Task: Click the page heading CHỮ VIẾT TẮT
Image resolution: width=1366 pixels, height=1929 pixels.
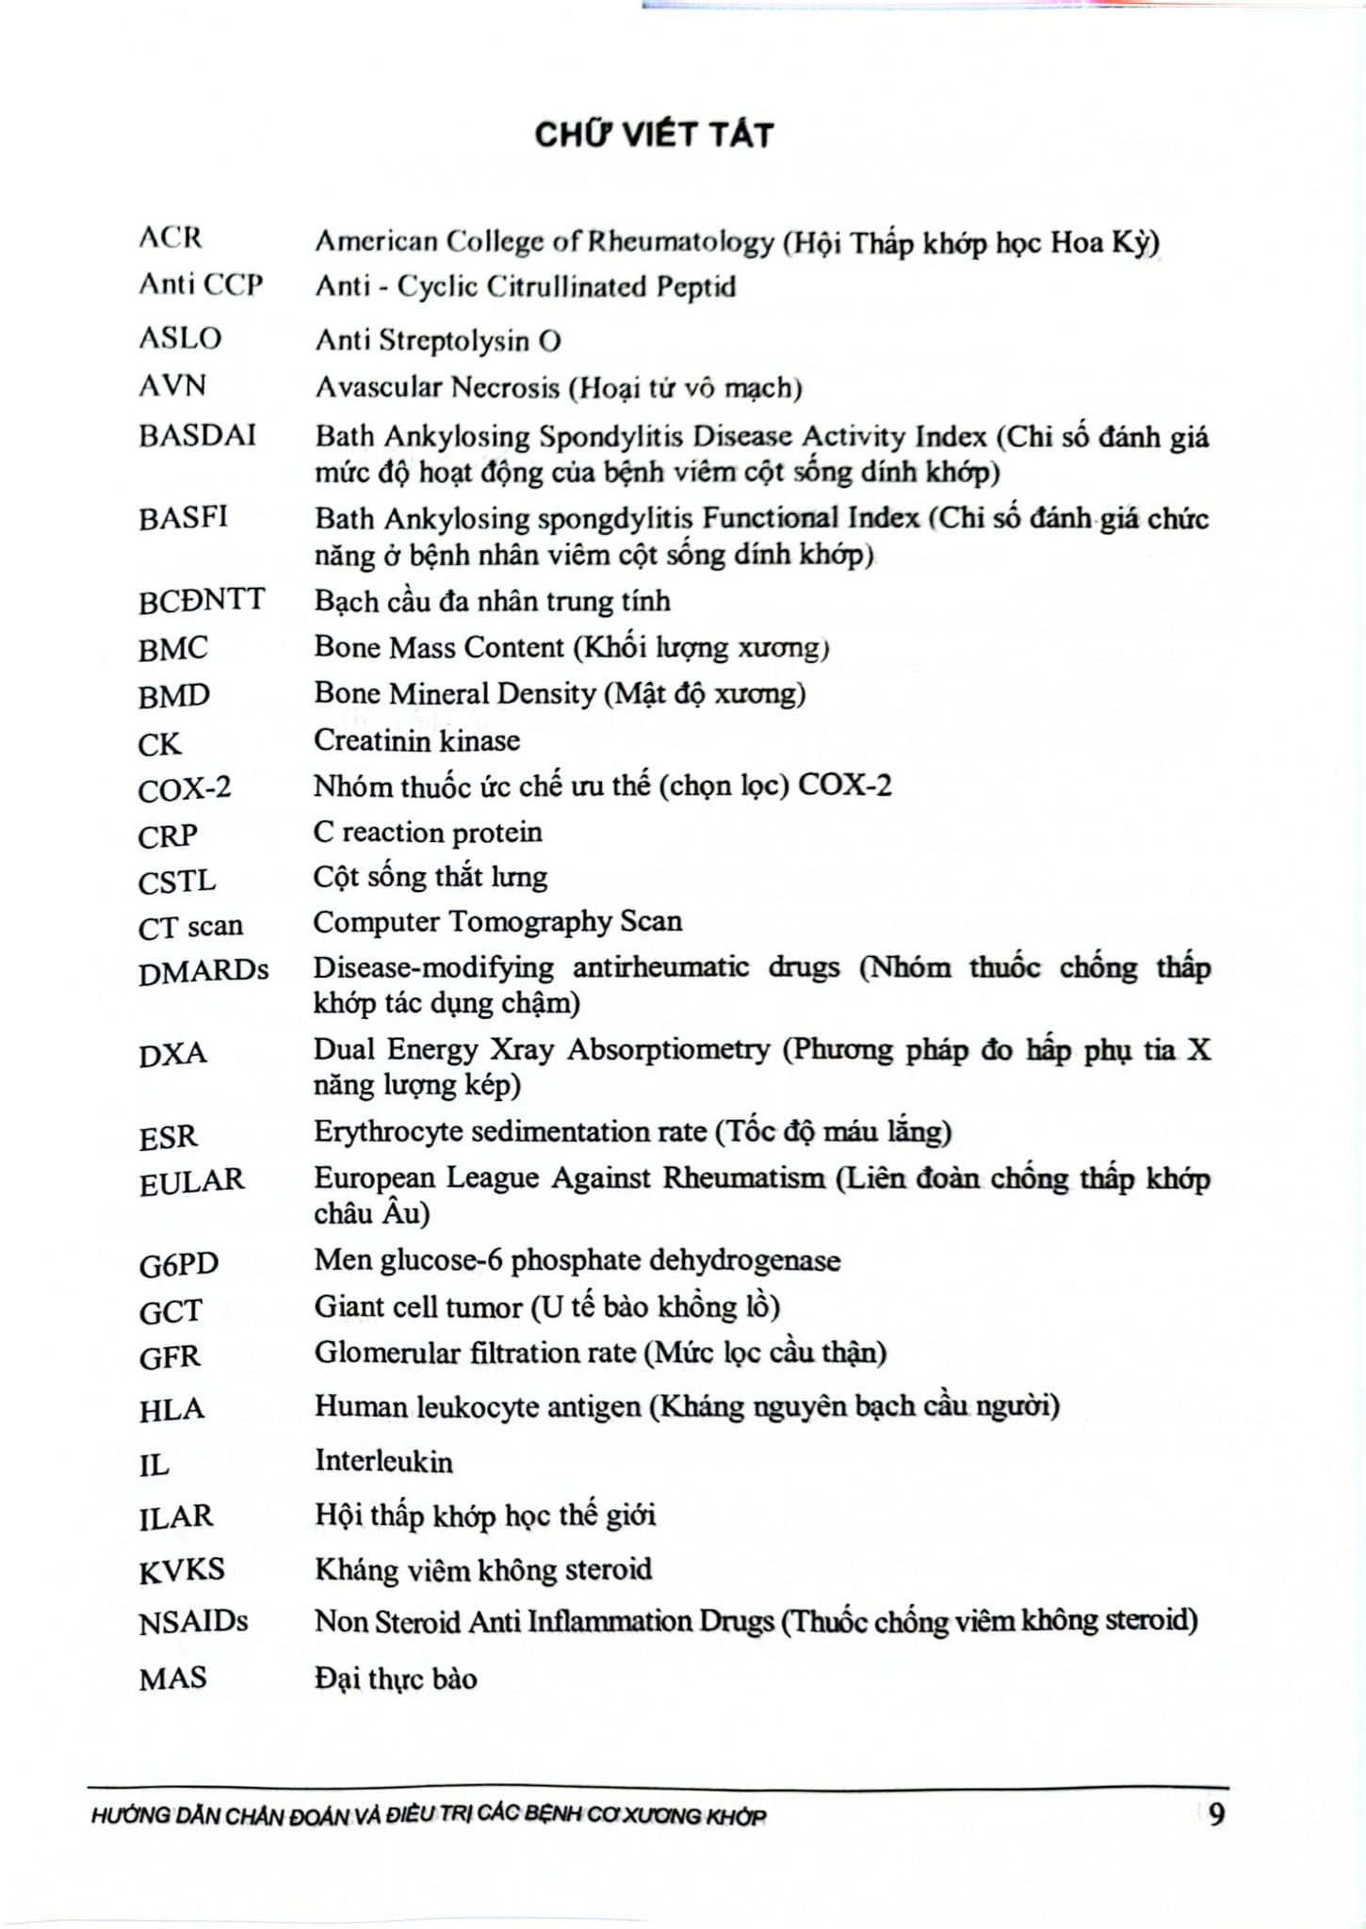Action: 654,135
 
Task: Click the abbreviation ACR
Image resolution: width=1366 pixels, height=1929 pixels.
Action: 171,237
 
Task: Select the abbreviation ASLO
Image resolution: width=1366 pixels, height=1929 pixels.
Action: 180,338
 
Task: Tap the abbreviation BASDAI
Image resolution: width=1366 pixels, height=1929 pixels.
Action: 197,435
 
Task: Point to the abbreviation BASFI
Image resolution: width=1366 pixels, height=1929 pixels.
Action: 183,518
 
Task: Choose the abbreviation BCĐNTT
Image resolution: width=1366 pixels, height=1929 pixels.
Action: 202,601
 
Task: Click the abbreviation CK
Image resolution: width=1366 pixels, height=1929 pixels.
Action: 159,744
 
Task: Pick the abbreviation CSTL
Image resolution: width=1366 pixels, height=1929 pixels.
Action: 177,883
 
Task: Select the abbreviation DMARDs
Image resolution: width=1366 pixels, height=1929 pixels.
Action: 203,971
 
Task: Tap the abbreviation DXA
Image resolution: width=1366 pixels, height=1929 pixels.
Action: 172,1054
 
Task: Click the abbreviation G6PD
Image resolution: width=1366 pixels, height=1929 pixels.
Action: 179,1264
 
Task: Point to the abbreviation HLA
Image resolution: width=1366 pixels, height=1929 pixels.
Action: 171,1410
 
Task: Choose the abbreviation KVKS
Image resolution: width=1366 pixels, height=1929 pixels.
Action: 182,1570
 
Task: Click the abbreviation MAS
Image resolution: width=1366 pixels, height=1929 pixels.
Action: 172,1678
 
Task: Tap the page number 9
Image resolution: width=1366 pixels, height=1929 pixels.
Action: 1217,1813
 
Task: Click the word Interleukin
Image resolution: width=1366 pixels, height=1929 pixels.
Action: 383,1462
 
